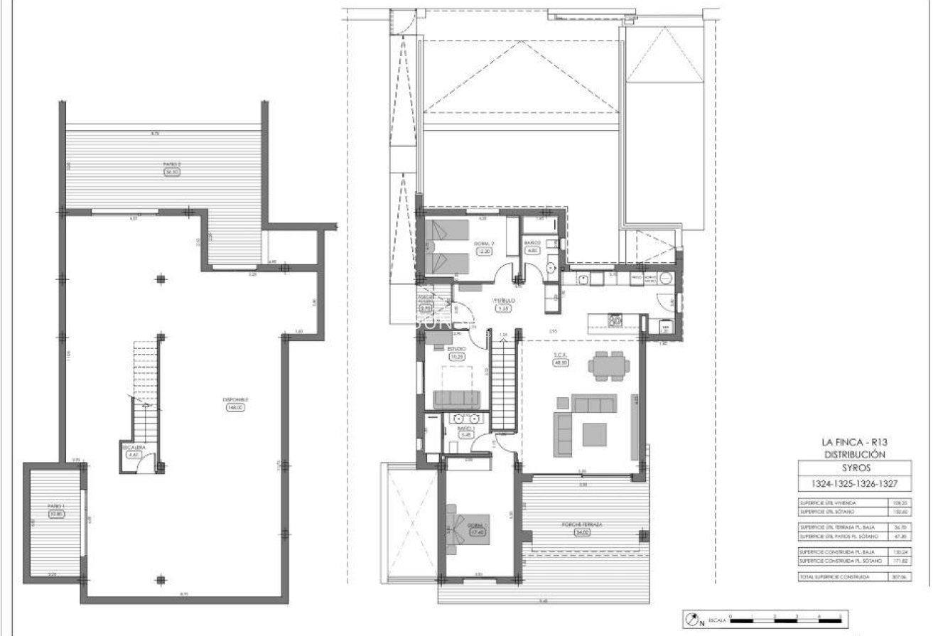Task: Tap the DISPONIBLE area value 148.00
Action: pyautogui.click(x=235, y=407)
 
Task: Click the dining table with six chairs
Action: pyautogui.click(x=608, y=365)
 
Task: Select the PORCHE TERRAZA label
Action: pyautogui.click(x=583, y=525)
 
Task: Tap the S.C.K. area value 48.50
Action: pyautogui.click(x=561, y=362)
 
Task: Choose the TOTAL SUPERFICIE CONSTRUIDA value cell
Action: pyautogui.click(x=916, y=578)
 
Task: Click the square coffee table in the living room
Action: pyautogui.click(x=594, y=433)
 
